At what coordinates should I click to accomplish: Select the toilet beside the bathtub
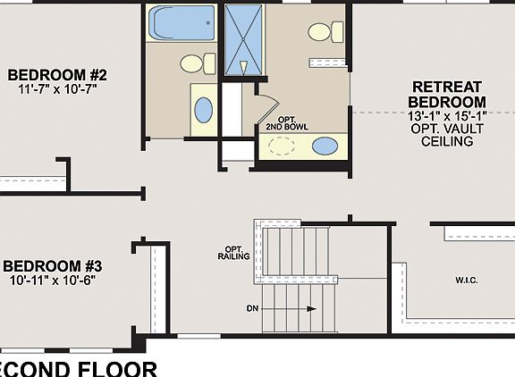pyautogui.click(x=196, y=63)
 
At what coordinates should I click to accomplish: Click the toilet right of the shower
pyautogui.click(x=323, y=32)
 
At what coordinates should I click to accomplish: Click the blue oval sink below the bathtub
pyautogui.click(x=204, y=110)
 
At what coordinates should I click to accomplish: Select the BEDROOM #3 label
pyautogui.click(x=53, y=265)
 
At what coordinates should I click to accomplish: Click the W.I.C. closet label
pyautogui.click(x=466, y=281)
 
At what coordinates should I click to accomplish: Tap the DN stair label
pyautogui.click(x=253, y=309)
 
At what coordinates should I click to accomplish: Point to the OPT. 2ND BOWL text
pyautogui.click(x=287, y=122)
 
